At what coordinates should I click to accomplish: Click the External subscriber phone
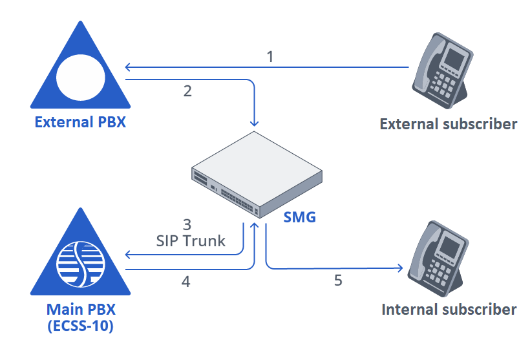442,68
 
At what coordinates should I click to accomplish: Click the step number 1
270,57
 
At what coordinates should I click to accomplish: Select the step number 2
187,91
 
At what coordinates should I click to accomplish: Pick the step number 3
187,225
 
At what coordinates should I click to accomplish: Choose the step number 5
337,281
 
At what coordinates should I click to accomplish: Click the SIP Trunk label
191,241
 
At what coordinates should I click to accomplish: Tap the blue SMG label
300,217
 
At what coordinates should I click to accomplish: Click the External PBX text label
80,122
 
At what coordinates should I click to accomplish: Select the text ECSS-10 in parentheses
81,326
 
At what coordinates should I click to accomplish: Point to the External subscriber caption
449,124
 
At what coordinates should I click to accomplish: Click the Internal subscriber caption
449,310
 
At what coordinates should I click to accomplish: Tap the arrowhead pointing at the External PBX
129,67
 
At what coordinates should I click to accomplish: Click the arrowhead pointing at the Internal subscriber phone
400,268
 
